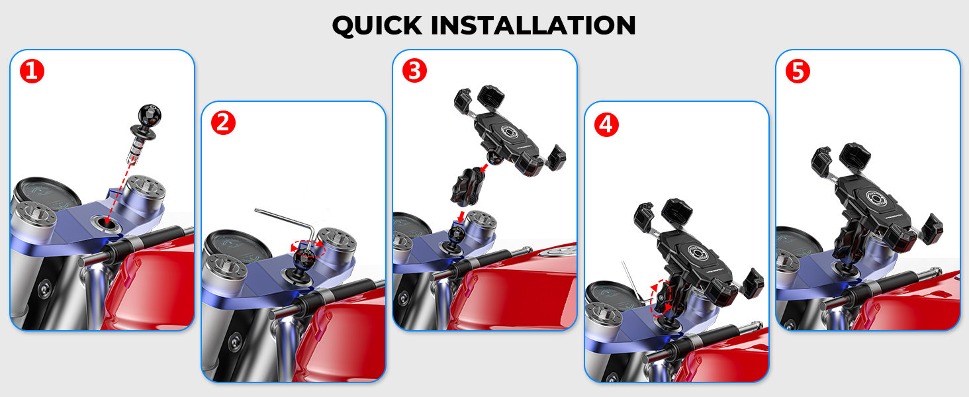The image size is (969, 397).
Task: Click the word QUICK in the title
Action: click(x=377, y=25)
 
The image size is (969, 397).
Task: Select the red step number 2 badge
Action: click(x=223, y=122)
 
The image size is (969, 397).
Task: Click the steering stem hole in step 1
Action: click(x=106, y=222)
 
